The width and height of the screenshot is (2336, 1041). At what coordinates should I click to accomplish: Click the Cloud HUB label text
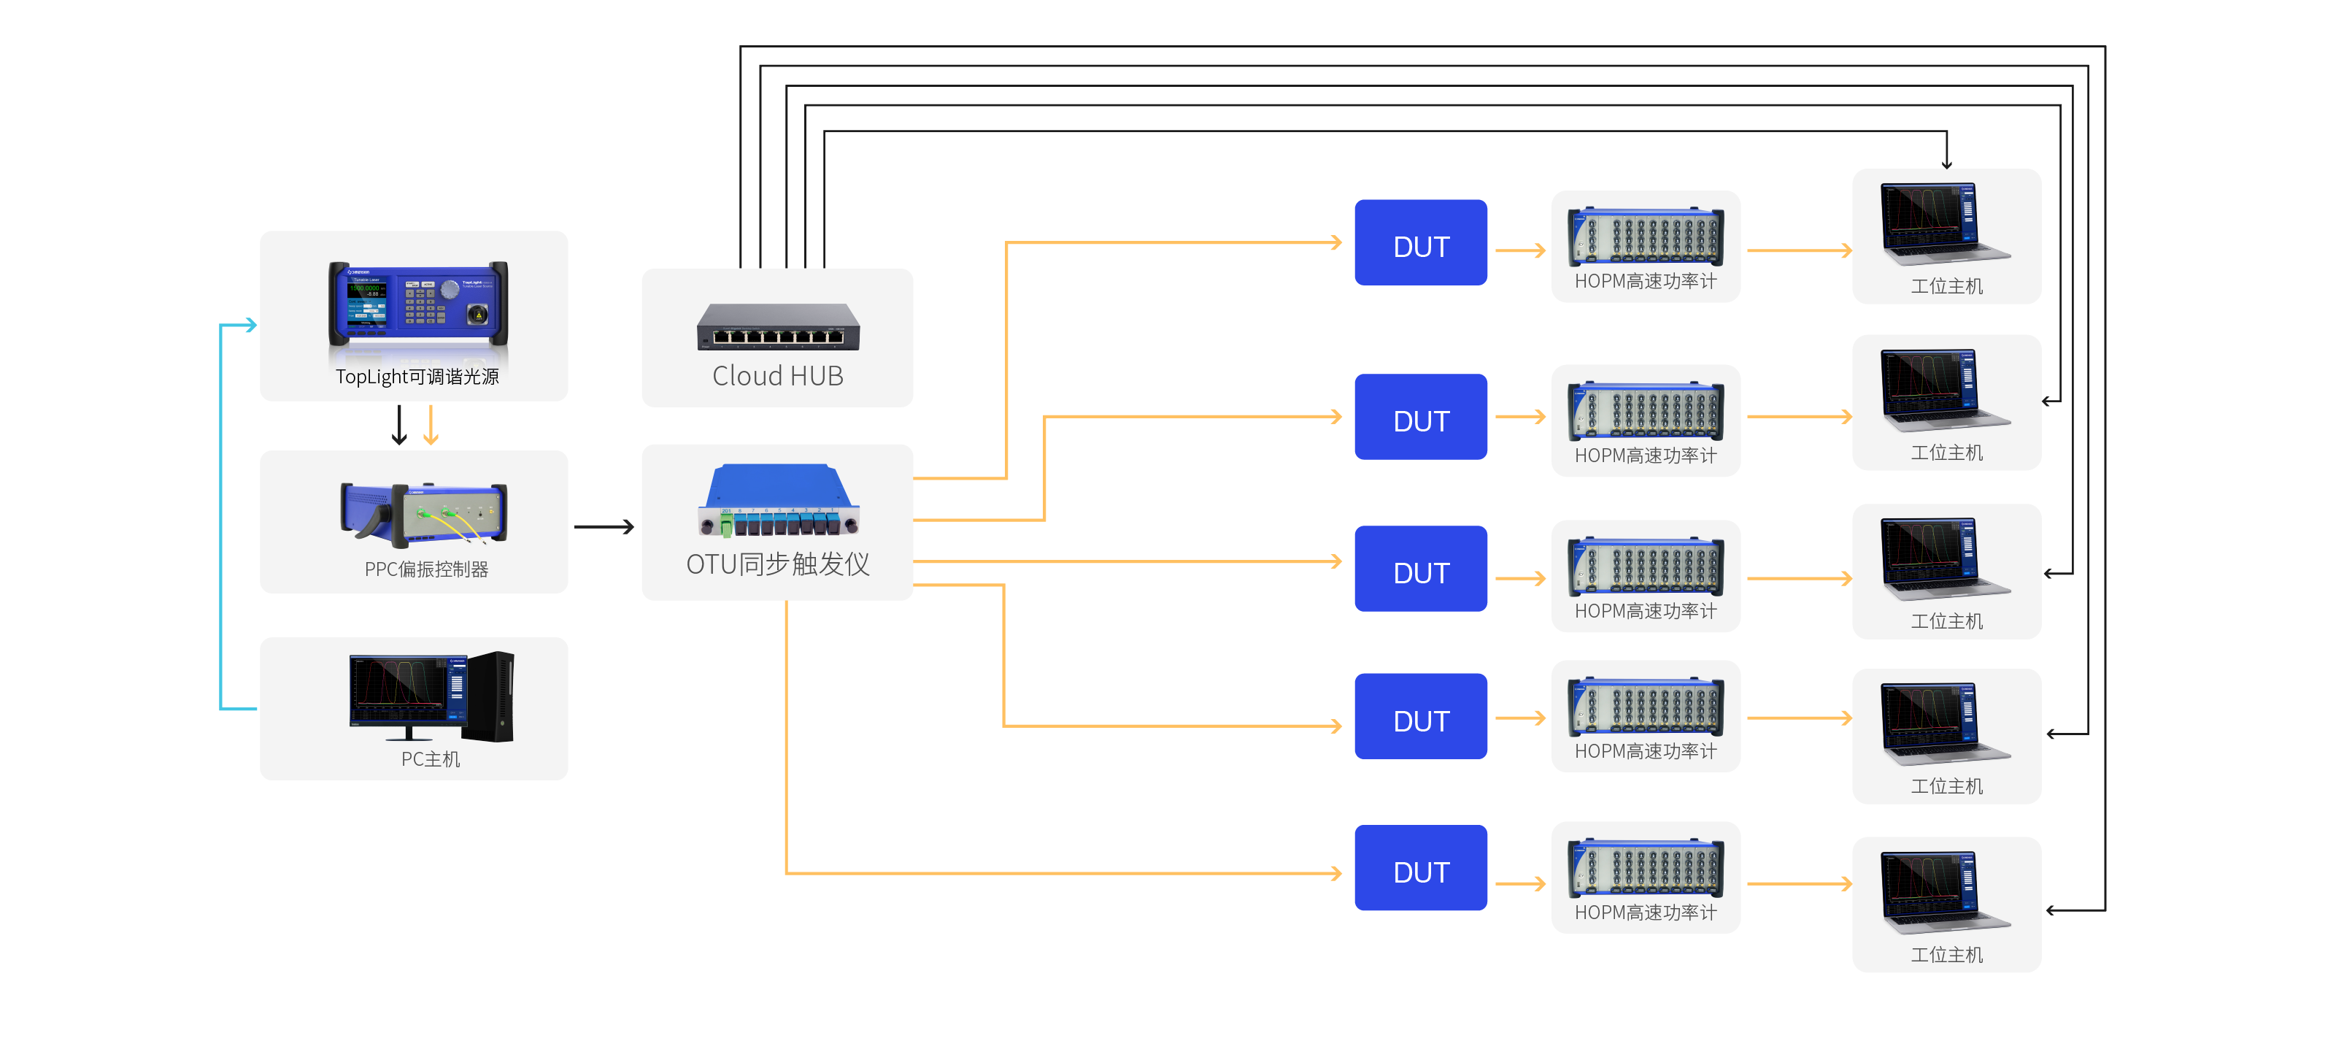pyautogui.click(x=777, y=375)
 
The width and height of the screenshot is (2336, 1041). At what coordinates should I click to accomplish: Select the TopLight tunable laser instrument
pyautogui.click(x=417, y=304)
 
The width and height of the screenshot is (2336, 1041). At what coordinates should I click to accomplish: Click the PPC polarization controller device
pyautogui.click(x=423, y=513)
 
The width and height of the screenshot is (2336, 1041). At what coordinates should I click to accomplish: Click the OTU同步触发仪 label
pyautogui.click(x=777, y=564)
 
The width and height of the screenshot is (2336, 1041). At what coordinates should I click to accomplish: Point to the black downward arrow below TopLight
pyautogui.click(x=399, y=426)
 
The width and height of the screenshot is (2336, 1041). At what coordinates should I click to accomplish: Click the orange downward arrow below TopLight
pyautogui.click(x=431, y=426)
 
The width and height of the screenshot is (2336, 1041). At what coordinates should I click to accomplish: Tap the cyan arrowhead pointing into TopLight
pyautogui.click(x=250, y=325)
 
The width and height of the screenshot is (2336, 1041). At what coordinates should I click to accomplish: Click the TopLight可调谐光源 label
pyautogui.click(x=417, y=376)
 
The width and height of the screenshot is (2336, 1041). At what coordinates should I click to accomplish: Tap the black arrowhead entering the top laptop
pyautogui.click(x=1946, y=164)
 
